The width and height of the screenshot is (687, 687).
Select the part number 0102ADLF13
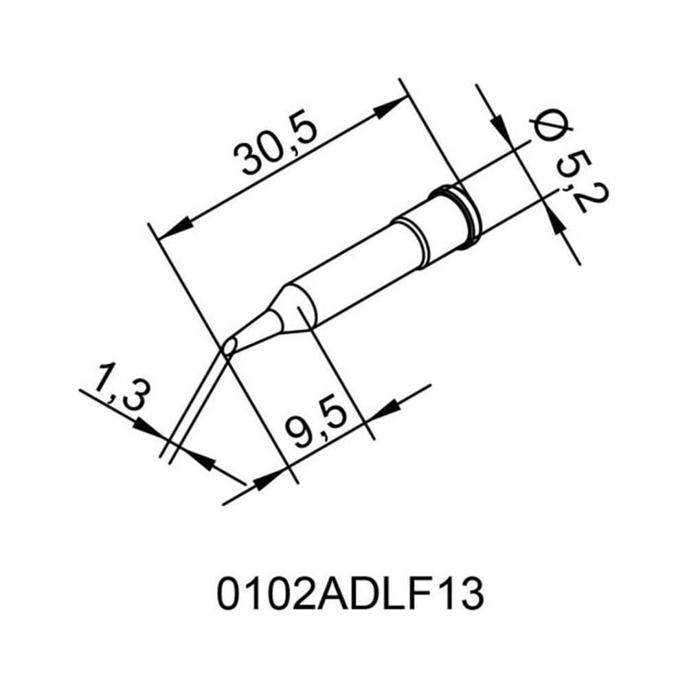click(350, 595)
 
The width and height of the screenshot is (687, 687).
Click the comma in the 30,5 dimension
click(286, 155)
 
